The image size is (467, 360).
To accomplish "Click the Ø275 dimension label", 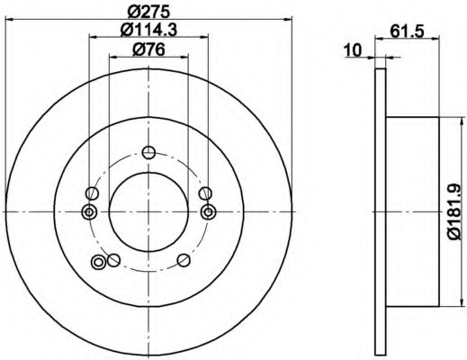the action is (x=148, y=12).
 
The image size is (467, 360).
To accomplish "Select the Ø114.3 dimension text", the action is (x=148, y=30).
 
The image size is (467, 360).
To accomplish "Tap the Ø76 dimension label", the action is (x=148, y=49).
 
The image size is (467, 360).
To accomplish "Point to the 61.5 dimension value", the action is (x=407, y=31).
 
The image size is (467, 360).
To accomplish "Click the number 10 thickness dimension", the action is (x=354, y=50).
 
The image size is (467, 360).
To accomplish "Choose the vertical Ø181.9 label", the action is (x=454, y=211).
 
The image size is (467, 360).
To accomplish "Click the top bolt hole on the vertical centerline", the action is (x=148, y=152).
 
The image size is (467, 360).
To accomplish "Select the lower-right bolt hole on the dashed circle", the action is (x=184, y=260).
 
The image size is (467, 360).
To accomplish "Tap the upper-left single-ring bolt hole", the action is (x=92, y=193).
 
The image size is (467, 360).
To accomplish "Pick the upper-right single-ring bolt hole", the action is (x=205, y=193).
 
